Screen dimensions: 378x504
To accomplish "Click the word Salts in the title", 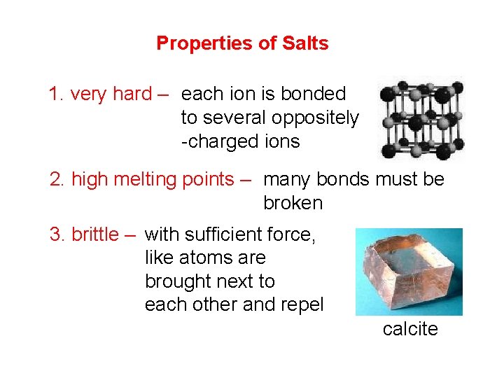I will pyautogui.click(x=304, y=43).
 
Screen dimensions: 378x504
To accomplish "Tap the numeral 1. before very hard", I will pyautogui.click(x=57, y=94).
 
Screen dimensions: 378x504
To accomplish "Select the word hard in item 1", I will pyautogui.click(x=133, y=94).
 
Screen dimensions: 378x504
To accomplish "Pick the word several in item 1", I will pyautogui.click(x=235, y=118).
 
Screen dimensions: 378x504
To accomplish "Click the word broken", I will pyautogui.click(x=293, y=203).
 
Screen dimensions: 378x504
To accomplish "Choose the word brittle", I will pyautogui.click(x=95, y=234).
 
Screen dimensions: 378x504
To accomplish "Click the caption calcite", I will pyautogui.click(x=410, y=329).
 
